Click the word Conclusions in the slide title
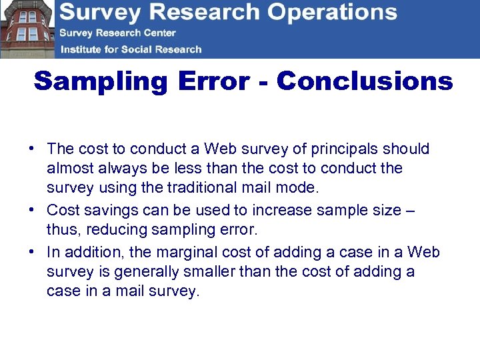(365, 81)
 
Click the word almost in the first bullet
(68, 168)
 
